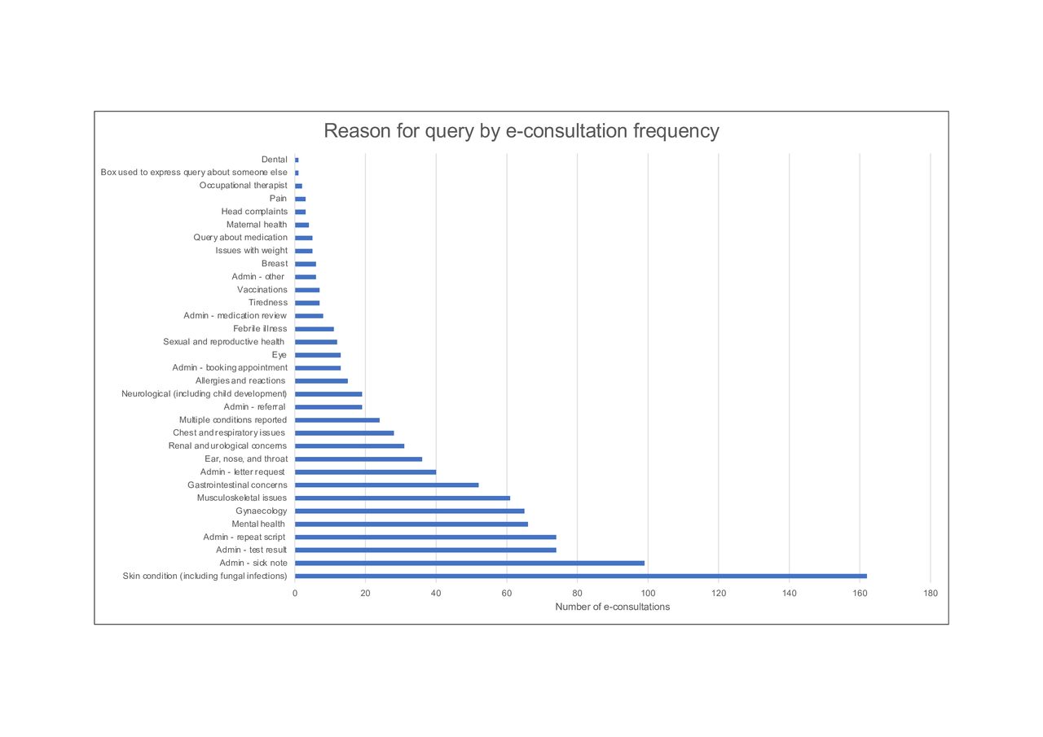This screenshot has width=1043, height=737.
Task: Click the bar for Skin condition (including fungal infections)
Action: [580, 576]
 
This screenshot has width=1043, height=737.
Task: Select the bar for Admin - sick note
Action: [469, 563]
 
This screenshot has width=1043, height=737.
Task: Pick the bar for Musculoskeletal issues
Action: [403, 498]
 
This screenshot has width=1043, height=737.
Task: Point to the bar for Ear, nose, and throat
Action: [359, 458]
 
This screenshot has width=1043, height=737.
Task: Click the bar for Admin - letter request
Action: [365, 472]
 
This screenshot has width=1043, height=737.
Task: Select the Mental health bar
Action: [411, 524]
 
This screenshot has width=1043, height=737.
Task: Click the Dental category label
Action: [275, 160]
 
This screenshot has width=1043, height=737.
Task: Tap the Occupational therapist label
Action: [244, 186]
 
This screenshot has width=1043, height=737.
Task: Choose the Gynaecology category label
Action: [262, 511]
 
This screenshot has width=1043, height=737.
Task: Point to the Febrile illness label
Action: [260, 328]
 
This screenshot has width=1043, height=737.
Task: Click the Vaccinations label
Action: [262, 289]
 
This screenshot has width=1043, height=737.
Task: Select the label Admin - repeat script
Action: [244, 537]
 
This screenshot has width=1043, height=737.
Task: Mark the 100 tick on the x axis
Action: [648, 593]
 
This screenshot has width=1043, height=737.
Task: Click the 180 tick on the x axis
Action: [931, 593]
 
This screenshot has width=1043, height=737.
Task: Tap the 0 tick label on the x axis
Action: [295, 593]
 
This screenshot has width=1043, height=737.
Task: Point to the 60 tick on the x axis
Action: [507, 593]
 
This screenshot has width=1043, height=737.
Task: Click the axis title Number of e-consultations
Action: [612, 607]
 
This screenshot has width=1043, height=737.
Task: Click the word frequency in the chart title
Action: [676, 131]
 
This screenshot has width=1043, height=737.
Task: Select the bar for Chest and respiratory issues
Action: [344, 432]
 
